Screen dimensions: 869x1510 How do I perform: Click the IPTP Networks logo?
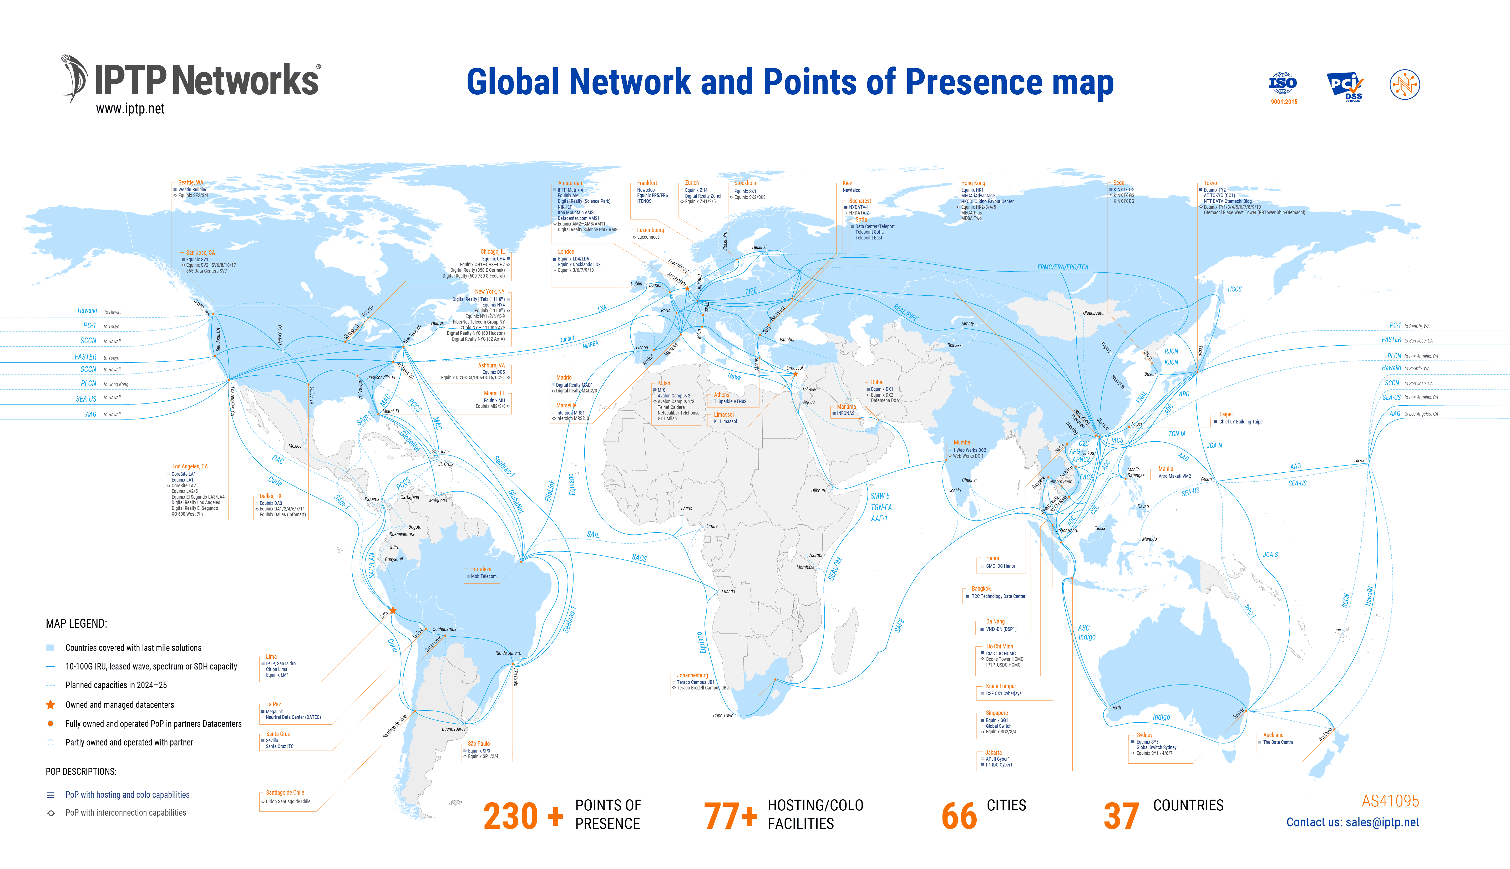pos(191,81)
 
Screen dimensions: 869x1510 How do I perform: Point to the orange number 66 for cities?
pos(959,816)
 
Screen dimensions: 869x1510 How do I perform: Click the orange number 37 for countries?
pos(1121,816)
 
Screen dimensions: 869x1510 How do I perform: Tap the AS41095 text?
pos(1390,801)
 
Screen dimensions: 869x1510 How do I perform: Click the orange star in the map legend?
pos(51,705)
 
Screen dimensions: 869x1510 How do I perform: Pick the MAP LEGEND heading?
pos(77,624)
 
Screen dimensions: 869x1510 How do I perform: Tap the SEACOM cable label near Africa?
pos(835,569)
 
